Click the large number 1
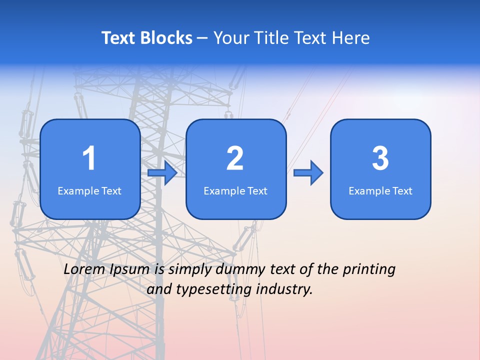click(89, 158)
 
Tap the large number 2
click(235, 158)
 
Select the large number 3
click(380, 158)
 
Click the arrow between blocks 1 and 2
click(162, 173)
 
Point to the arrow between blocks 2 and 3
click(308, 173)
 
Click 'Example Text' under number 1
click(89, 191)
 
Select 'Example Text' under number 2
click(235, 191)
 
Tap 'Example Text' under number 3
click(380, 191)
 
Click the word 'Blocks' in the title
click(166, 38)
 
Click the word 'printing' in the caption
click(369, 270)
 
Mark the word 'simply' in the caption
click(190, 270)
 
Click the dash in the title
click(202, 38)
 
